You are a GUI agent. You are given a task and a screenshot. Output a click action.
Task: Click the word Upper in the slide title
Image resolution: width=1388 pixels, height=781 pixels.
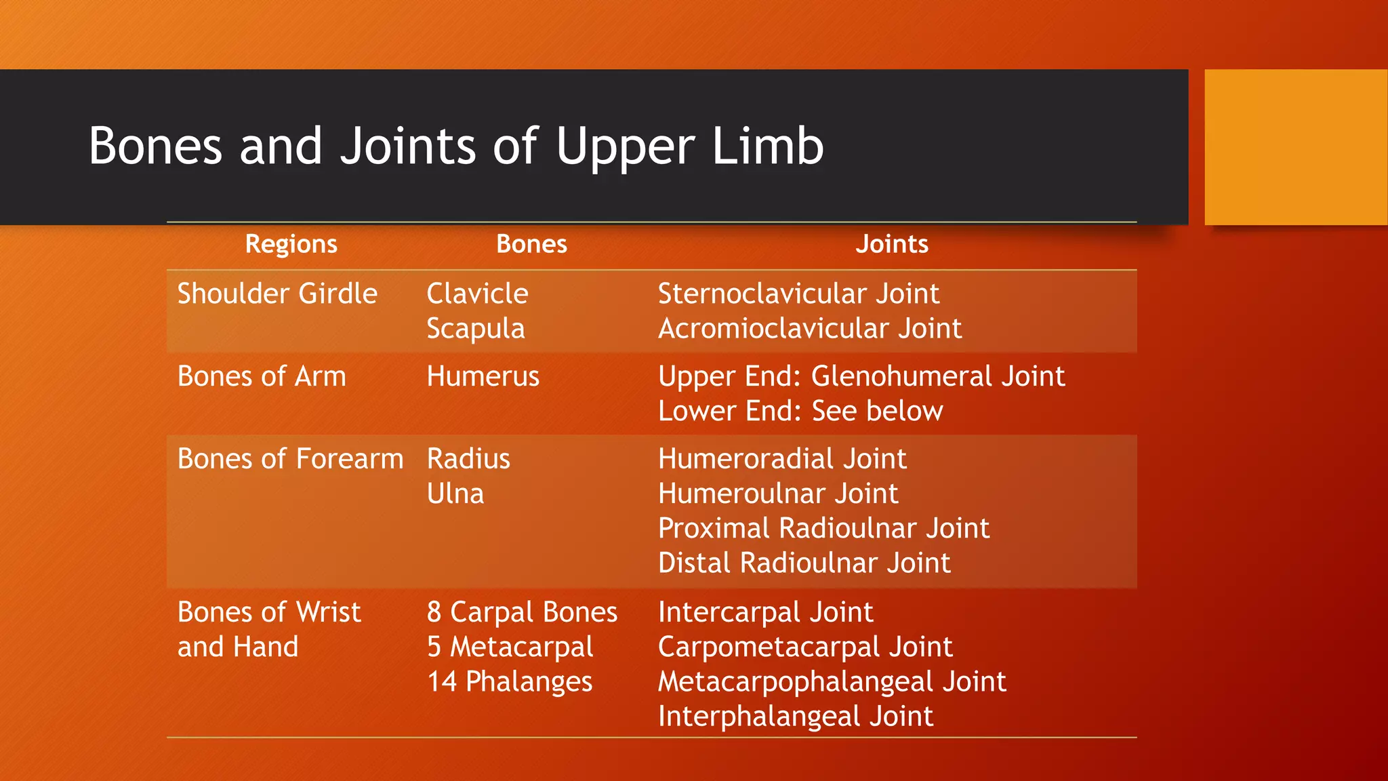click(625, 146)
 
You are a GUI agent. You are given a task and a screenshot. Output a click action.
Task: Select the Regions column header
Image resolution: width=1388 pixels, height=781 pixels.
click(291, 244)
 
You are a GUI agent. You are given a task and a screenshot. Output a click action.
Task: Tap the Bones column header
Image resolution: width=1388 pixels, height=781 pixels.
click(531, 244)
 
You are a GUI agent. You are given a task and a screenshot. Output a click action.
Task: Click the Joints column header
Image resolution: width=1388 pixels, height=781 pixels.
click(891, 244)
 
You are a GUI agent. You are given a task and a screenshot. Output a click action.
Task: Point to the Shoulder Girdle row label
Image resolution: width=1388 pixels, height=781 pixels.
click(277, 294)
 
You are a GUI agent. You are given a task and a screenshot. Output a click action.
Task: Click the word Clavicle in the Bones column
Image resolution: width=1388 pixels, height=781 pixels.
click(477, 294)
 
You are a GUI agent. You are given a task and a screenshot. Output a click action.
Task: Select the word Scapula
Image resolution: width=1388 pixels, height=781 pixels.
click(476, 329)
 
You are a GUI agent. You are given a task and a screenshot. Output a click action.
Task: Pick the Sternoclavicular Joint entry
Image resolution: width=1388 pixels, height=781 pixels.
click(798, 294)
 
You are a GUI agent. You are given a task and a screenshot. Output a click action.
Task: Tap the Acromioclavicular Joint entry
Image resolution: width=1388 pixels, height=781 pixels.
click(810, 329)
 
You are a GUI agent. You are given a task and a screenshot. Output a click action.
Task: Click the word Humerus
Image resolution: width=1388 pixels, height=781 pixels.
click(483, 376)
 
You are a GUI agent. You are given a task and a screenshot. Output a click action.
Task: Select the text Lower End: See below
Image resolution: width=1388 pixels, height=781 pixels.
click(800, 411)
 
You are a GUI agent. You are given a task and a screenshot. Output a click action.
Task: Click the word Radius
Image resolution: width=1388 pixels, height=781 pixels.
click(468, 459)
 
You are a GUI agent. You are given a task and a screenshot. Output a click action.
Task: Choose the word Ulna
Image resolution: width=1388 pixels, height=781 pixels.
click(455, 494)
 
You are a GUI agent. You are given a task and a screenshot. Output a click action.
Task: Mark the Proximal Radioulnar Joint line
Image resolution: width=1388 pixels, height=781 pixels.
click(823, 528)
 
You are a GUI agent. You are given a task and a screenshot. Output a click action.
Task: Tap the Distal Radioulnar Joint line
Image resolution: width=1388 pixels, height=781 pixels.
click(804, 563)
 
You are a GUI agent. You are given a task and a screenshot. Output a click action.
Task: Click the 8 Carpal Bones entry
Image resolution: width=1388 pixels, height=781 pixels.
click(522, 612)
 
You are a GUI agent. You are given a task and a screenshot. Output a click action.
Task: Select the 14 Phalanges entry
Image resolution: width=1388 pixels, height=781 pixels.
click(510, 681)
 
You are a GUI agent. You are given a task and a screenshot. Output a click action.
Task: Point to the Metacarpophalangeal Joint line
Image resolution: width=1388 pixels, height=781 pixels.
click(832, 681)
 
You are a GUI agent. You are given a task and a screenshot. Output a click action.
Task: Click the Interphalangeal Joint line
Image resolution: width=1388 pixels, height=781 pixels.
click(796, 717)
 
